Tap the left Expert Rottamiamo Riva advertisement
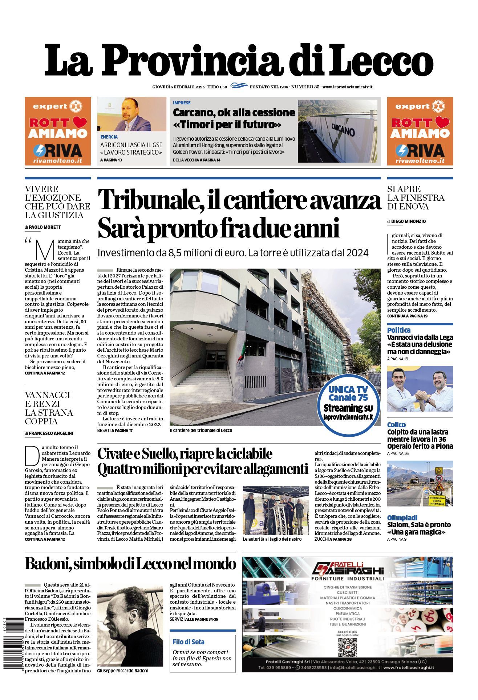pos(58,131)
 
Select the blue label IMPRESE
pos(182,103)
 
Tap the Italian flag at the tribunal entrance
pos(240,355)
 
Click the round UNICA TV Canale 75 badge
pos(348,403)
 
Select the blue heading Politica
pos(398,330)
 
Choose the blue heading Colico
pos(396,425)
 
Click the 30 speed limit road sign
pos(439,478)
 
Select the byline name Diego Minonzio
pos(408,221)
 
